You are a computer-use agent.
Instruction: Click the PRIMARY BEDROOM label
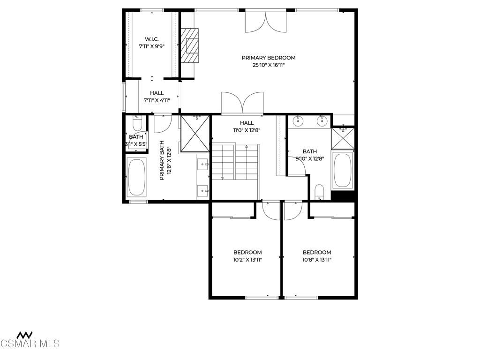(269, 58)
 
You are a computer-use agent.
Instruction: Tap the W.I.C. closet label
(152, 39)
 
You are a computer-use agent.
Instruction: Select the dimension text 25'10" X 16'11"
(269, 65)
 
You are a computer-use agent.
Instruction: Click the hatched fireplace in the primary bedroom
(189, 45)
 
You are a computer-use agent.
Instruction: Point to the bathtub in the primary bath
(136, 177)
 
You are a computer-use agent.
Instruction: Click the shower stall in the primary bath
(195, 134)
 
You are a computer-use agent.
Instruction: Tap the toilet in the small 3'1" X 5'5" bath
(137, 123)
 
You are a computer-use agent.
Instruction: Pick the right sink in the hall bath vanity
(322, 121)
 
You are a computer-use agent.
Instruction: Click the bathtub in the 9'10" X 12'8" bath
(343, 169)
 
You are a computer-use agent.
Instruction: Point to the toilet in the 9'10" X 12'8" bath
(319, 192)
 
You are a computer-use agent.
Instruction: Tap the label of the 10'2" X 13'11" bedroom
(247, 253)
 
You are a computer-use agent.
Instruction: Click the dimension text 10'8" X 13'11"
(317, 260)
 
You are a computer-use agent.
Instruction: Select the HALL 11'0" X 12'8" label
(247, 127)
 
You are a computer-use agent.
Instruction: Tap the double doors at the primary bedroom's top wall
(266, 22)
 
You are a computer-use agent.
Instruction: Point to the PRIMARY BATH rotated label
(165, 160)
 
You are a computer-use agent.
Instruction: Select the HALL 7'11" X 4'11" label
(157, 97)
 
